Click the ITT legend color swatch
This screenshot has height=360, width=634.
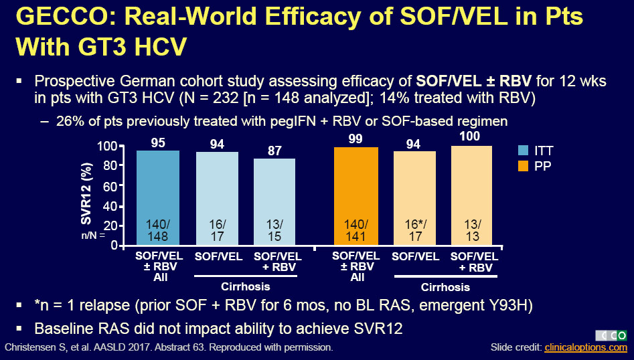tap(524, 150)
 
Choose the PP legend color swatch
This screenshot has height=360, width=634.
tap(524, 165)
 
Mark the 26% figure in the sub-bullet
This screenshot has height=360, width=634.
tap(70, 121)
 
